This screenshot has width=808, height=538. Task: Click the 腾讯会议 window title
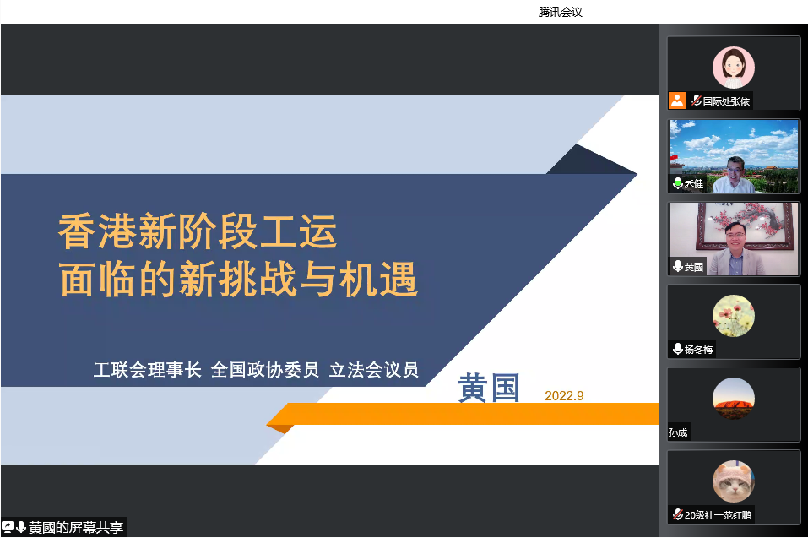click(560, 12)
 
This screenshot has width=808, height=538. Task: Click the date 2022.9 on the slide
click(564, 396)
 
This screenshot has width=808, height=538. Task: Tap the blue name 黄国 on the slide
click(489, 388)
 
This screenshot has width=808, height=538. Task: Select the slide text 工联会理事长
click(148, 369)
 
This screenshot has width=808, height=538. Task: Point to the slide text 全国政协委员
click(265, 369)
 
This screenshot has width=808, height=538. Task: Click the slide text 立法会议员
click(373, 369)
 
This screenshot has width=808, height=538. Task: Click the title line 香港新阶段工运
click(198, 231)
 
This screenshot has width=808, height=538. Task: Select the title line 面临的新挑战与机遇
click(238, 279)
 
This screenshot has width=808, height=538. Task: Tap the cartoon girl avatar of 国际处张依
click(734, 68)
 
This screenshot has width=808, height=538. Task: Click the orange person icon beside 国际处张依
click(677, 101)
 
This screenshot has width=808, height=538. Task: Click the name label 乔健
click(694, 184)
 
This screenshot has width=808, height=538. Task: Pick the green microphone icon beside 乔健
click(678, 183)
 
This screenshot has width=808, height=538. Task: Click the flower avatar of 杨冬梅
click(734, 316)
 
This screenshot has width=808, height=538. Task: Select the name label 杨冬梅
click(699, 350)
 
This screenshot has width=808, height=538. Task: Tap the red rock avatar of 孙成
click(734, 399)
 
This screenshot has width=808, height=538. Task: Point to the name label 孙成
click(678, 432)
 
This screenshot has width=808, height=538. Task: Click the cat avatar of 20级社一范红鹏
click(734, 481)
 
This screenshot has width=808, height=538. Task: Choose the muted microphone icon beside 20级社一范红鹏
click(678, 514)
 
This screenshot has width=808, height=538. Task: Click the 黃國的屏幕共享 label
click(76, 527)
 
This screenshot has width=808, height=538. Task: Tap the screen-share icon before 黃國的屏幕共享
click(8, 527)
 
